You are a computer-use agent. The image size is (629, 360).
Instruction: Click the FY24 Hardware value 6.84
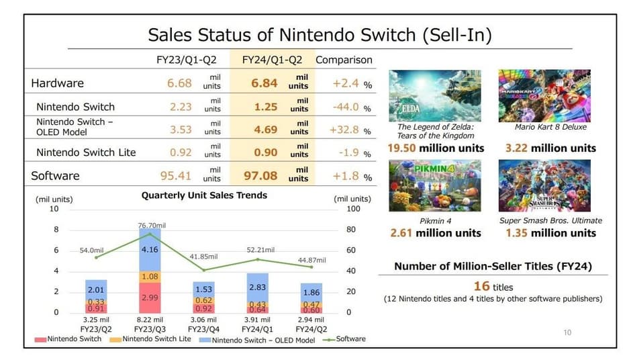[264, 83]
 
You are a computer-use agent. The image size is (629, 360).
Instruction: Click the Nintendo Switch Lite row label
[86, 152]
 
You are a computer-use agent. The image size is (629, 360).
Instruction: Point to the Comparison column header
[344, 60]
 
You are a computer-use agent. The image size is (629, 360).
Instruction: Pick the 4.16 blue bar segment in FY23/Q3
[150, 250]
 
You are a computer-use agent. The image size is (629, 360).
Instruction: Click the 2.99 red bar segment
[150, 297]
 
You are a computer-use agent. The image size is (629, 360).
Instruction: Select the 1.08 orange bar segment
[150, 276]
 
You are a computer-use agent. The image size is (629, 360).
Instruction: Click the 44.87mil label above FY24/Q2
[311, 260]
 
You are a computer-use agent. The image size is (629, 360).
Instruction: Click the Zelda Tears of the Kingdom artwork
[435, 95]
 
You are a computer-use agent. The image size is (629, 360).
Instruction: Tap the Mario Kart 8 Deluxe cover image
[544, 95]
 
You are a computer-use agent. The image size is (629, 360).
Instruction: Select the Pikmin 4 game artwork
[435, 185]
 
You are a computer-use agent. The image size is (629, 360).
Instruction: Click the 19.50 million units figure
[435, 148]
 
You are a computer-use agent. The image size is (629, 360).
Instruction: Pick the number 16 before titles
[481, 287]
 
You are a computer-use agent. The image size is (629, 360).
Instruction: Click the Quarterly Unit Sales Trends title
[204, 195]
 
